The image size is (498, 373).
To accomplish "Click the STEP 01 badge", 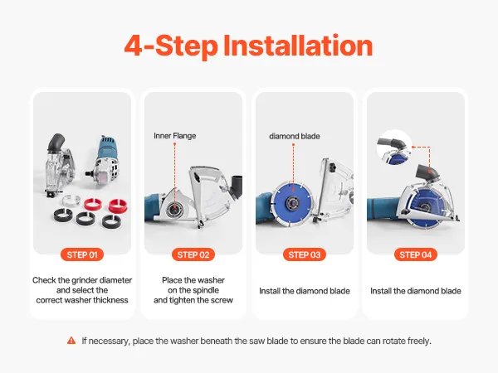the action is coord(82,254).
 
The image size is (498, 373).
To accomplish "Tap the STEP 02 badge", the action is coord(193,254).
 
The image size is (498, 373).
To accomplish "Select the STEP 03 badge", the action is coord(305,254).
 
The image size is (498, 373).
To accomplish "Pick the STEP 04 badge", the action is coord(416,254).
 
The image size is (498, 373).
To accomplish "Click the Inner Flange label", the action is coord(174,136).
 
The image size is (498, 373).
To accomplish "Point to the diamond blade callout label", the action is coord(295,137).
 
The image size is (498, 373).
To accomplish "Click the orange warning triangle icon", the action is coord(71,341).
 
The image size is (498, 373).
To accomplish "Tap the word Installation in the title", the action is coord(298,46).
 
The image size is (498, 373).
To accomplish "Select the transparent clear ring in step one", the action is coord(71,201).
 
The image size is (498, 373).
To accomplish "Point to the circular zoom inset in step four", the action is coord(394,148).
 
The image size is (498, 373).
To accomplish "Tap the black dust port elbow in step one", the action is coord(56,142).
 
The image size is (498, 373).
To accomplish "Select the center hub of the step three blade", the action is coord(291,204).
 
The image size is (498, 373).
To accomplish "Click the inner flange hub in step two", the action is coord(174,208).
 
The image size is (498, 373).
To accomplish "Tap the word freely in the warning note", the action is coord(419,341).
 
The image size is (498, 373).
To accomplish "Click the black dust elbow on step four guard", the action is coord(427,173).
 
